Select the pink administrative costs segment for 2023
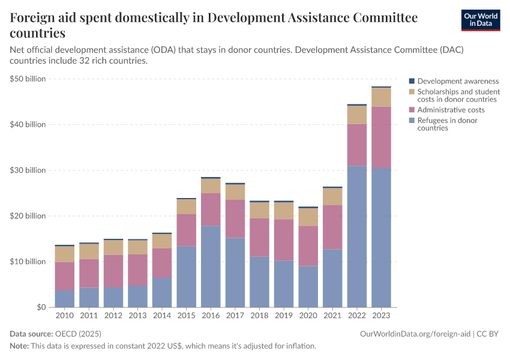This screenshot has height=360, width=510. (x=382, y=137)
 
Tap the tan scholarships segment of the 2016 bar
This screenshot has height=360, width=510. (x=211, y=186)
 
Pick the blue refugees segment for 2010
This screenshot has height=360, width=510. (x=65, y=298)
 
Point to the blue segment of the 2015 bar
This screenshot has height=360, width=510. (x=187, y=277)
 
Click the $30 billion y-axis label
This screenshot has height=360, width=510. (x=28, y=170)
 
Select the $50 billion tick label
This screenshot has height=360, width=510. (x=28, y=79)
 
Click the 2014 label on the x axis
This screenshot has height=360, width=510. (x=162, y=314)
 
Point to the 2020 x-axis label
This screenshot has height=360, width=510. (x=308, y=314)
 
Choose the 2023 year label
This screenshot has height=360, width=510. (x=382, y=314)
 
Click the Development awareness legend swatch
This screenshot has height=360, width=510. (x=412, y=81)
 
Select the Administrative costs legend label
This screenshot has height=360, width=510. (x=451, y=110)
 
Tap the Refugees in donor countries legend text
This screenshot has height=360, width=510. (x=447, y=124)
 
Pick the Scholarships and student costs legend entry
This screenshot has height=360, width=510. (x=458, y=95)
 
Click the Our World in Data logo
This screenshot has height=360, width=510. (x=481, y=20)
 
